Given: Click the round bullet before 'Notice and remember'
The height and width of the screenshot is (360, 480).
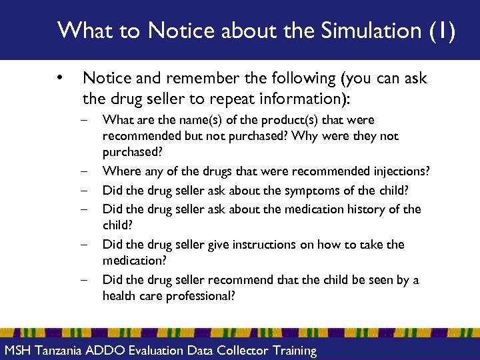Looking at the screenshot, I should [61, 79].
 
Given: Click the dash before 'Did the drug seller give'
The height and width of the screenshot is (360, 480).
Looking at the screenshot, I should [87, 245].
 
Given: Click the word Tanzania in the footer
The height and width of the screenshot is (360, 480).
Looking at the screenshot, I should [63, 351].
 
